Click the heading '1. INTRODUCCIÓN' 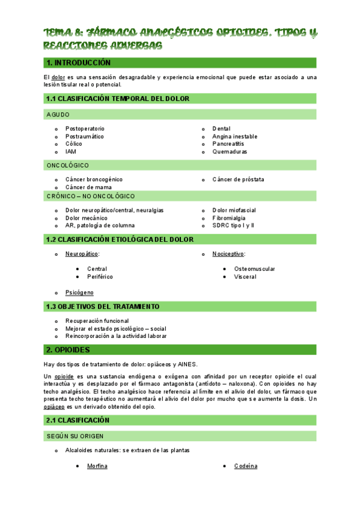tap(78, 63)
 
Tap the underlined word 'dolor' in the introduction tap(58, 77)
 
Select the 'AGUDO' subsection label tap(58, 114)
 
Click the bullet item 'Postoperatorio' tap(85, 129)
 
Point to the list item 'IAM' tap(71, 152)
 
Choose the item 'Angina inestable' tap(234, 137)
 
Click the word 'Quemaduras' tap(230, 152)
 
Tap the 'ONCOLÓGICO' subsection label tap(67, 165)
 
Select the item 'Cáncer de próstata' tap(238, 179)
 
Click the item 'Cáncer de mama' tap(88, 187)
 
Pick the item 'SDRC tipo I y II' tap(233, 226)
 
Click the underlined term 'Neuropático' tap(82, 254)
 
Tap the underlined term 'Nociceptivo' tap(228, 254)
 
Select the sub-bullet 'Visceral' tap(245, 277)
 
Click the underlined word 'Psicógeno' tap(79, 292)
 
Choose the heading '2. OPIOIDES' tap(68, 349)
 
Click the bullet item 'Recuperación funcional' tap(97, 321)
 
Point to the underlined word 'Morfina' tap(97, 466)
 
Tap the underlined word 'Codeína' tap(245, 466)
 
